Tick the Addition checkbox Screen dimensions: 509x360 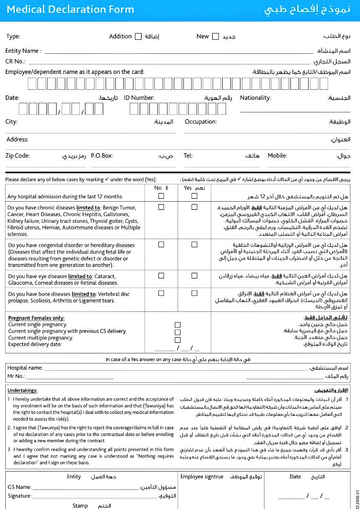click(138, 36)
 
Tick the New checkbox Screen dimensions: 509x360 click(216, 36)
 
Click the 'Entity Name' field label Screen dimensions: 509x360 click(23, 51)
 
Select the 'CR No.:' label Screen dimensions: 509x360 click(15, 61)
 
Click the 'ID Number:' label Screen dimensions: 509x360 click(139, 98)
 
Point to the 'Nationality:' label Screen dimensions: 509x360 click(255, 98)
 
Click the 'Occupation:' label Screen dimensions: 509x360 click(201, 122)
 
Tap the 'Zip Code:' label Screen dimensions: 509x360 click(18, 156)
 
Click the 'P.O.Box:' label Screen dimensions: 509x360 click(102, 156)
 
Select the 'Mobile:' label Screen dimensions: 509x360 click(277, 156)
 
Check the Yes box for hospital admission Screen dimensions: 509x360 click(194, 196)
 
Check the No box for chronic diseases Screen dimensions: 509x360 click(161, 207)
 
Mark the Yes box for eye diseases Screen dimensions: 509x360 click(194, 276)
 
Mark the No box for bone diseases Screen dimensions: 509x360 click(161, 293)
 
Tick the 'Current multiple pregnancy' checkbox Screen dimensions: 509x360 click(178, 339)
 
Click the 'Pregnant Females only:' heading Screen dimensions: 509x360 click(36, 318)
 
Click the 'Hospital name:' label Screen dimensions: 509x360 click(25, 368)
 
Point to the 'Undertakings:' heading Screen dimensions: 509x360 click(23, 390)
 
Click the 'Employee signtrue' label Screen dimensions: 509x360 click(202, 477)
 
